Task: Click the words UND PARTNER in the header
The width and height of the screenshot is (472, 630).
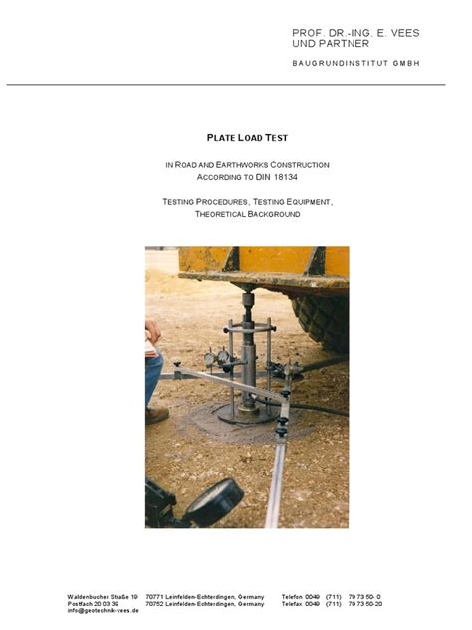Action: [x=331, y=44]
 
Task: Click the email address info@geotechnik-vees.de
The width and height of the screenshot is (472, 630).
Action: [x=104, y=610]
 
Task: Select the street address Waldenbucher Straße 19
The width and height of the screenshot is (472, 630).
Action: [x=103, y=596]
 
